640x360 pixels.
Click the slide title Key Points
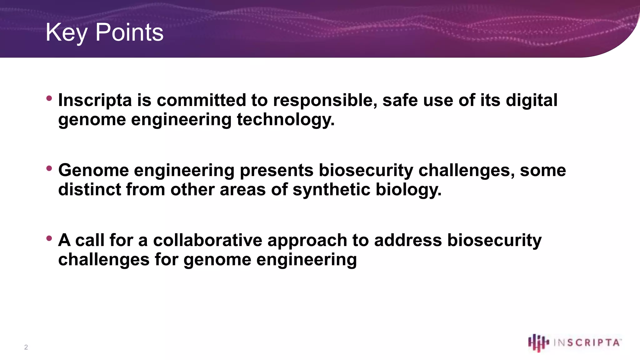click(104, 32)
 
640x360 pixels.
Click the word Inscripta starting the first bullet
click(95, 101)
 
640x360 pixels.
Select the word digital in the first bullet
click(531, 101)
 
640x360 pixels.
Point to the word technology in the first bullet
click(285, 120)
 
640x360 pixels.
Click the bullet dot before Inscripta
click(49, 98)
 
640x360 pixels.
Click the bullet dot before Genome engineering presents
click(49, 168)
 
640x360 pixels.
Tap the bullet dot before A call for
click(49, 238)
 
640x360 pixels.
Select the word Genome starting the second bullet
click(93, 171)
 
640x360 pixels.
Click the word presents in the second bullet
click(277, 171)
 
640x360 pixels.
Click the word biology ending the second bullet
click(408, 190)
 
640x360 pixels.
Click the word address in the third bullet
click(407, 241)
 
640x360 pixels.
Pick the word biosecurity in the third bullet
click(494, 241)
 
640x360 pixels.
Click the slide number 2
click(26, 347)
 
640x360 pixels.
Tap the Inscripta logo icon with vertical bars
click(538, 342)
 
